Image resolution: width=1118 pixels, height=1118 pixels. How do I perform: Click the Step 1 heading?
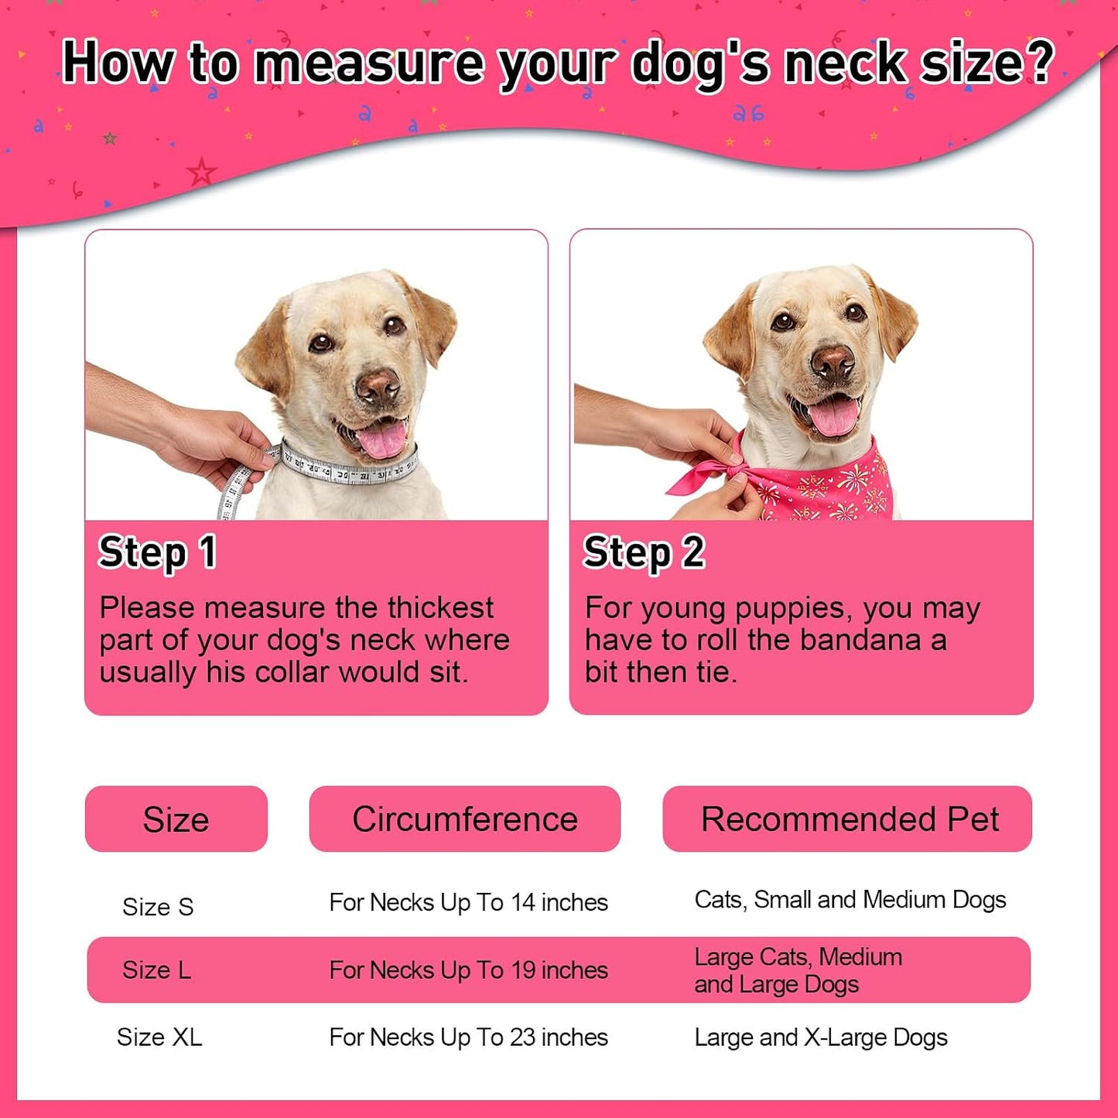pyautogui.click(x=158, y=552)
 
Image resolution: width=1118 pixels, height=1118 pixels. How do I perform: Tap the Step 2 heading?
pyautogui.click(x=644, y=552)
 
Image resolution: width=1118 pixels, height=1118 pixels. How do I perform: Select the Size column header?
pyautogui.click(x=176, y=819)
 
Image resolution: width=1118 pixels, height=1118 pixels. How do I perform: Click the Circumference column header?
pyautogui.click(x=465, y=819)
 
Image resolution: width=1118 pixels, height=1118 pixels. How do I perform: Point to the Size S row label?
pyautogui.click(x=158, y=907)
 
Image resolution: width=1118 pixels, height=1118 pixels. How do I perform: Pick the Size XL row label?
pyautogui.click(x=159, y=1038)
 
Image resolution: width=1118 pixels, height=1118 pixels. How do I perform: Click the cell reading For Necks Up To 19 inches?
pyautogui.click(x=468, y=971)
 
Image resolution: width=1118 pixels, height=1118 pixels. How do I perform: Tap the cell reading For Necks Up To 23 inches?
pyautogui.click(x=468, y=1038)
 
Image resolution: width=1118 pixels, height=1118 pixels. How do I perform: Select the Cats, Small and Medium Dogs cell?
pyautogui.click(x=850, y=901)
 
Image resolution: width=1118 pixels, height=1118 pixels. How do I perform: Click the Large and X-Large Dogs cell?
pyautogui.click(x=820, y=1038)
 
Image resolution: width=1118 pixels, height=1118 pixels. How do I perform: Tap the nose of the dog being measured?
pyautogui.click(x=377, y=386)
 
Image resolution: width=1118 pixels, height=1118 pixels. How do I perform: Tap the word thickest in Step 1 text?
pyautogui.click(x=440, y=608)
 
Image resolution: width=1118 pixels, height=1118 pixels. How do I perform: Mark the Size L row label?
pyautogui.click(x=156, y=970)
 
